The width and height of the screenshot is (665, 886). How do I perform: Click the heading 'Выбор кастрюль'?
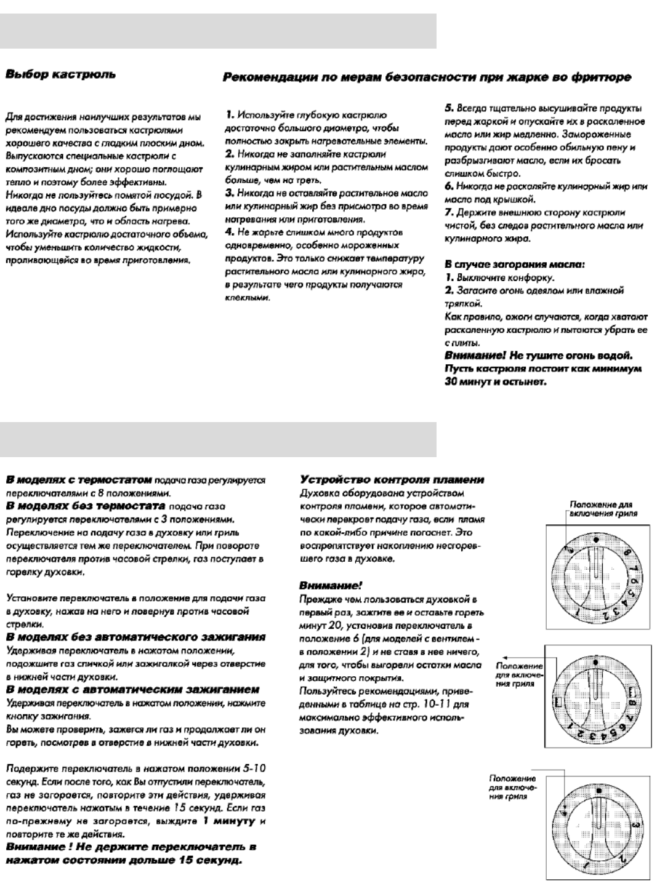point(60,74)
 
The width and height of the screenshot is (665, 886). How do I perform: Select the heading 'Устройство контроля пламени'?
point(392,479)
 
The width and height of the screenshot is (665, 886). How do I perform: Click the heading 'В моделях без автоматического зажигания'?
point(135,637)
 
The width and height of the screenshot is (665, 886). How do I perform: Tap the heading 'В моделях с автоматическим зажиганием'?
point(132,689)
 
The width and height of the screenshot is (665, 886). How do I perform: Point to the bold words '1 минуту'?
point(229,821)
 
